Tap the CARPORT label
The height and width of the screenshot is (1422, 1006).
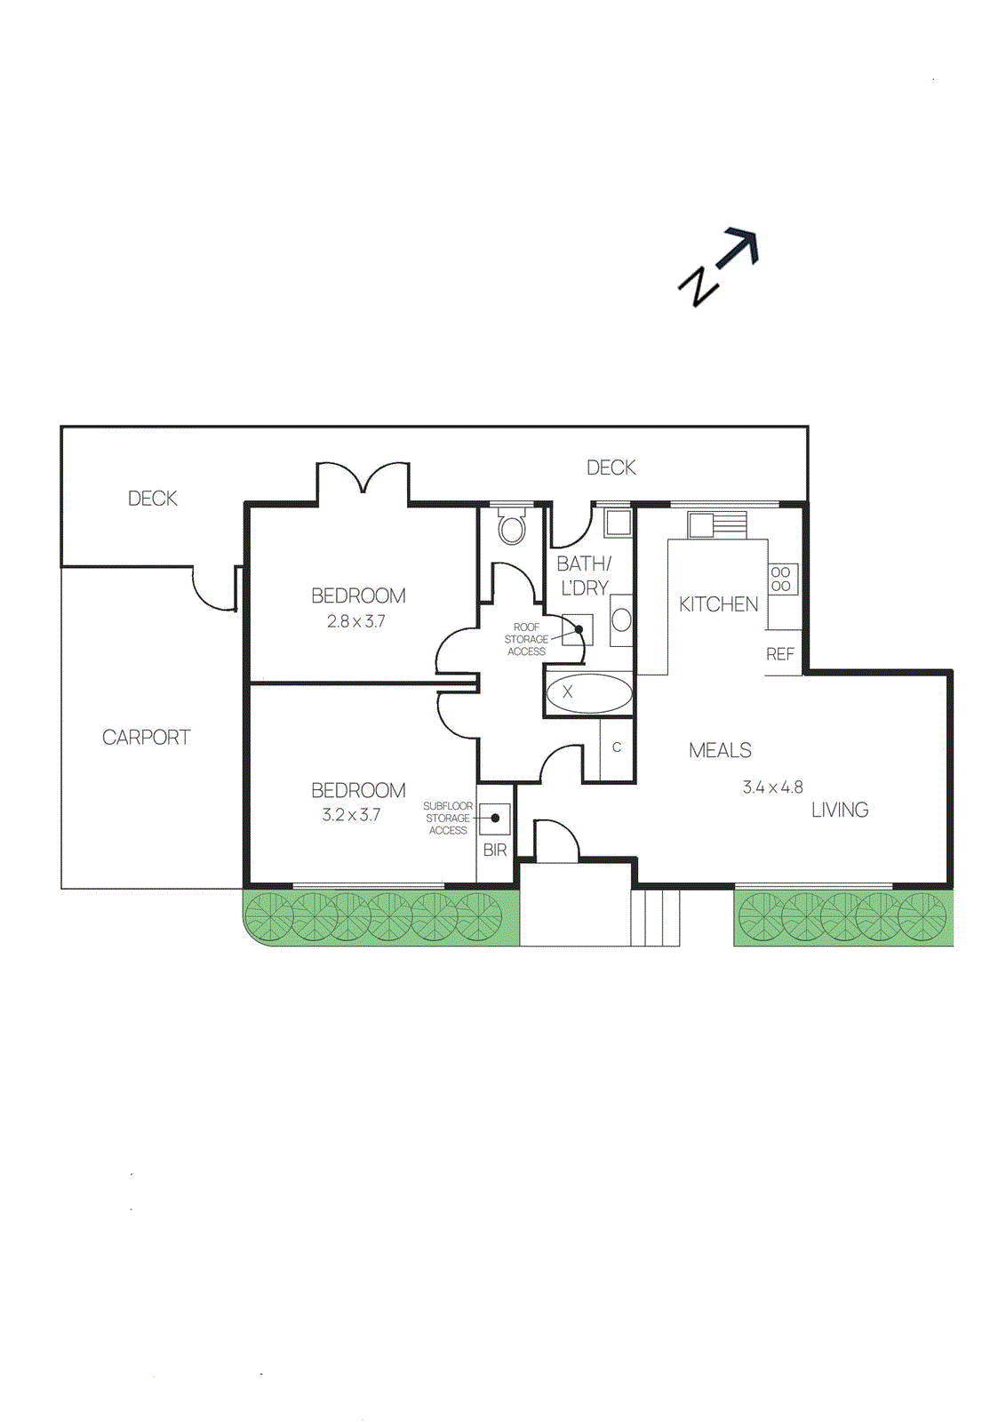click(146, 738)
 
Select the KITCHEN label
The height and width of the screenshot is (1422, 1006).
click(718, 604)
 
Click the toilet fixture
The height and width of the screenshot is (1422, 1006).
click(511, 527)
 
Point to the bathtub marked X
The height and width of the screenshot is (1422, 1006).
click(588, 692)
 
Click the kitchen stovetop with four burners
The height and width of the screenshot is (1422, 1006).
click(782, 579)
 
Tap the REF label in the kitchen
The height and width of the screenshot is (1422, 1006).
click(780, 654)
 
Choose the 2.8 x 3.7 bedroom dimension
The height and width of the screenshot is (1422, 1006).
click(356, 621)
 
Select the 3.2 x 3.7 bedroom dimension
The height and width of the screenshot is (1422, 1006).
click(352, 815)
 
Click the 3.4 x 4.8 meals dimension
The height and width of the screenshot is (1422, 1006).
click(772, 787)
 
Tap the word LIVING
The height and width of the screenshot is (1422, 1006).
click(840, 811)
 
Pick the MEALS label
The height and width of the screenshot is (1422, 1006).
click(720, 751)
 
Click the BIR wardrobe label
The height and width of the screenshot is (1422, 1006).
click(495, 851)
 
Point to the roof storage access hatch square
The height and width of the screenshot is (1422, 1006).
click(577, 629)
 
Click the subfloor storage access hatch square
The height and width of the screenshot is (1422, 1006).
click(495, 818)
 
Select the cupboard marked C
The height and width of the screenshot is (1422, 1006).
click(617, 748)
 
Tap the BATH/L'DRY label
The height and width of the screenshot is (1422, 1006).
click(584, 576)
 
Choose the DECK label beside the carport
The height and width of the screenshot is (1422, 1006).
click(153, 499)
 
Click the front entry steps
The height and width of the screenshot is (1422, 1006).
click(656, 917)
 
